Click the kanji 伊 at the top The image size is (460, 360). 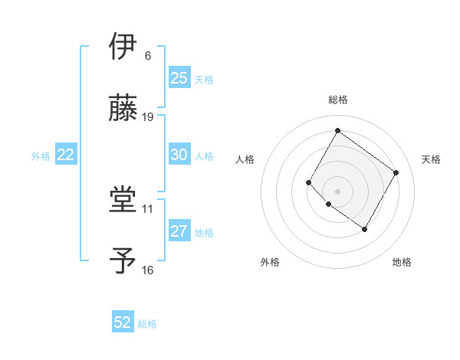pos(125,47)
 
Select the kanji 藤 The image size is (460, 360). pos(125,108)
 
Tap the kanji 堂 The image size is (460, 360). pos(125,200)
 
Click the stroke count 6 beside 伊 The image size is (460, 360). pos(148,55)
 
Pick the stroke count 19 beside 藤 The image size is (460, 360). pos(148,116)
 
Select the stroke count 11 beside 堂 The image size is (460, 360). pos(148,208)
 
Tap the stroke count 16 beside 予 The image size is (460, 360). pos(148,270)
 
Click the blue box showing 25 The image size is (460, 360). pos(179,78)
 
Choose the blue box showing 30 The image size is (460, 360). pos(179,155)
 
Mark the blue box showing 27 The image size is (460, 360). pos(179,231)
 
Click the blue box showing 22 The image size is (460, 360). pos(66,155)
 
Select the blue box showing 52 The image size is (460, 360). pos(123,323)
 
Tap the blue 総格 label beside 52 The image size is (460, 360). pos(147,324)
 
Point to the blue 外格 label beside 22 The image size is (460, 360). pos(41,155)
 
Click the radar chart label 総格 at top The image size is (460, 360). pos(337,100)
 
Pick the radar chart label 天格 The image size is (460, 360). pos(432,159)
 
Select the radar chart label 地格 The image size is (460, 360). pos(402,262)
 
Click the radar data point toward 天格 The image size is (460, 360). pos(396,172)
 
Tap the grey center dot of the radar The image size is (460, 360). pos(337,191)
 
